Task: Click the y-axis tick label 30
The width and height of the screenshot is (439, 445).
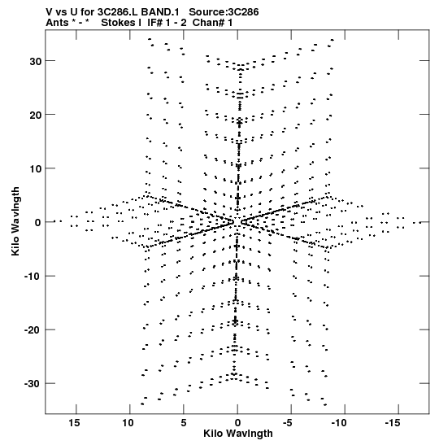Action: (x=36, y=61)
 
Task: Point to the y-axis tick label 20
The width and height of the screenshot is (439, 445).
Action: (x=36, y=115)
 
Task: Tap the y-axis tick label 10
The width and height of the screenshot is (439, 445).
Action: (x=36, y=169)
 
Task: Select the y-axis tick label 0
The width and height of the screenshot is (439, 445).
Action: (x=38, y=223)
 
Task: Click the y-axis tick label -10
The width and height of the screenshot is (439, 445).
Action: (x=33, y=277)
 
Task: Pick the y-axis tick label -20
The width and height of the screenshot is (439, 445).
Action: (x=33, y=330)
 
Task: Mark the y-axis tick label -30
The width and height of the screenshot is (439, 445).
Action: (x=33, y=384)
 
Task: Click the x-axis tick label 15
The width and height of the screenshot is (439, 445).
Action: (x=74, y=423)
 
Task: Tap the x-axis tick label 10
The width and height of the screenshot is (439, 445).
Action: (x=128, y=423)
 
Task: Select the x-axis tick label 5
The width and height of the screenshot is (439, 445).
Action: (x=184, y=423)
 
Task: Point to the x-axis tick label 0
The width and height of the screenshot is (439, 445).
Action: (x=237, y=423)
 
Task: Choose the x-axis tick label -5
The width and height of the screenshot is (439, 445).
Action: (x=288, y=423)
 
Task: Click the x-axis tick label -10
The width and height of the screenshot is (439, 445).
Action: (x=339, y=423)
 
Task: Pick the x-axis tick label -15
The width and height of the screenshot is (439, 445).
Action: (x=393, y=423)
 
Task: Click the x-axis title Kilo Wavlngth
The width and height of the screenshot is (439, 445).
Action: (x=238, y=434)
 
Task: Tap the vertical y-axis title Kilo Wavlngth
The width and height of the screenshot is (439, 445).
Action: (x=15, y=221)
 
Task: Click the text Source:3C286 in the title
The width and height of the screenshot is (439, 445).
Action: (x=224, y=12)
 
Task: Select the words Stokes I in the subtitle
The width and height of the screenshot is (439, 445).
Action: (x=121, y=23)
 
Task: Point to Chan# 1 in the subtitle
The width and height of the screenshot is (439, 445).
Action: (x=213, y=23)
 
